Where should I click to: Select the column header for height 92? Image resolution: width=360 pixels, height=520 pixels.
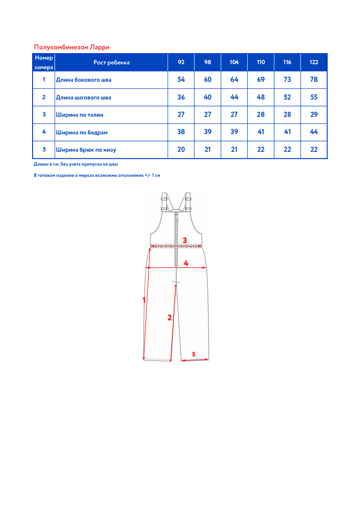181,62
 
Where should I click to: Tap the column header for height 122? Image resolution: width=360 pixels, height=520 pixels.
314,62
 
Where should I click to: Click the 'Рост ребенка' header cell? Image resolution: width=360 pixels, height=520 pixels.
111,62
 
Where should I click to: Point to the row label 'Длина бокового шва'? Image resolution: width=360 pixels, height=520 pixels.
84,80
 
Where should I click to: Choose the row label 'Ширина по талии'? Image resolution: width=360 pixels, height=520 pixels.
79,115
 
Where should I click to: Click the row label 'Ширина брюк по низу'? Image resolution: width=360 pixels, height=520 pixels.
86,150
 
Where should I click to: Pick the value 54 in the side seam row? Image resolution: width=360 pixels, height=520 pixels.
181,79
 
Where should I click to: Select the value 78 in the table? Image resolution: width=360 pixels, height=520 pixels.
314,79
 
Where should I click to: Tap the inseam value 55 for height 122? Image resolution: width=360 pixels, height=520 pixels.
314,97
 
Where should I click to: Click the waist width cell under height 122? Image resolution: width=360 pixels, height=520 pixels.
314,114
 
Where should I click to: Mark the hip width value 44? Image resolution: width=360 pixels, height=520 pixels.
314,132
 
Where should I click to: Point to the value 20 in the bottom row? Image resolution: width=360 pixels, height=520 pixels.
181,149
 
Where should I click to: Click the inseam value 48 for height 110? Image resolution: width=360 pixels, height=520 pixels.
261,97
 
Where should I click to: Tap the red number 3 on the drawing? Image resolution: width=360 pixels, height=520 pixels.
185,240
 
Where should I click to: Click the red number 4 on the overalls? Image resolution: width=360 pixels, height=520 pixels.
186,263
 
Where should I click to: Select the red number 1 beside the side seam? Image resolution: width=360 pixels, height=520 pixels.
144,299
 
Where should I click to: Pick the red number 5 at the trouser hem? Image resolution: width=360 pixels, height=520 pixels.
194,354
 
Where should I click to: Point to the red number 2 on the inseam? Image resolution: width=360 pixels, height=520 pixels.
170,318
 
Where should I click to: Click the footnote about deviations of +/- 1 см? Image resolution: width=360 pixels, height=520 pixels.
97,175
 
